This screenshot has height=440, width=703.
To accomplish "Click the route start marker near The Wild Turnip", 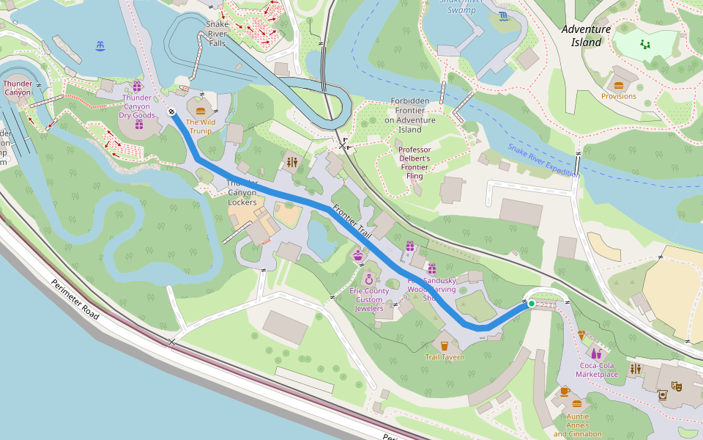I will (171, 112).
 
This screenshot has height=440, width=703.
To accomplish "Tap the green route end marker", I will (531, 303).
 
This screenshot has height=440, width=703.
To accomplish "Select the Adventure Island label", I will (586, 36).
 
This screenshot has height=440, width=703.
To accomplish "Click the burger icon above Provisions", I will (619, 85).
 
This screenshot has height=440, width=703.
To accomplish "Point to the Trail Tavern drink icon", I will (444, 345).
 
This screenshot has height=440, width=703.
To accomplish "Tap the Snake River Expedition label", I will (543, 161).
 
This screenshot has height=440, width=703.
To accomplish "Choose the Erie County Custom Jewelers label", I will (369, 300).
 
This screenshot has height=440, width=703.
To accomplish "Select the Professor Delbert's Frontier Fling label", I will (414, 163).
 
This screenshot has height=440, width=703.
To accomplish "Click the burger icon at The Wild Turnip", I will (201, 111).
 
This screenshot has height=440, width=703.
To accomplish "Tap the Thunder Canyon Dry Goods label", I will (138, 106).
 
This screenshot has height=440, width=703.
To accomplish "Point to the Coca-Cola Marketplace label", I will (597, 370).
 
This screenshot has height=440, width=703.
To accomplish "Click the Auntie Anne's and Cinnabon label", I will (577, 425).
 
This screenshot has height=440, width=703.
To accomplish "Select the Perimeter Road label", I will (75, 301).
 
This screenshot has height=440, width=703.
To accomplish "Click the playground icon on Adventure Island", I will (644, 45).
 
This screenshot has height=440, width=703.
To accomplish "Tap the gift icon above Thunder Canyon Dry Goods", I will (137, 86).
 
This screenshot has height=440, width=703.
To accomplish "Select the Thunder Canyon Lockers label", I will (242, 192).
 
